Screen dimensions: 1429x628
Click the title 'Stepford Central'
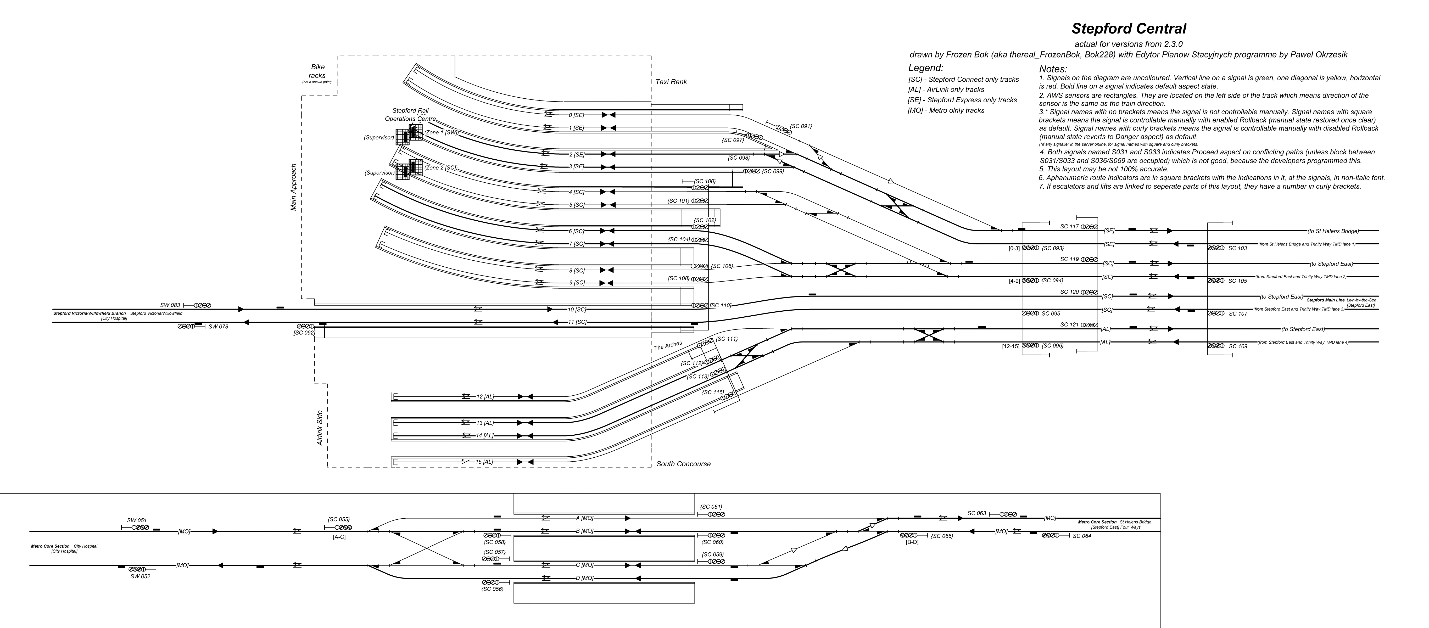pos(1128,29)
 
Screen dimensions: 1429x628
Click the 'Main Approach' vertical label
pos(293,187)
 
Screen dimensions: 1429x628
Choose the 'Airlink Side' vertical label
pos(320,428)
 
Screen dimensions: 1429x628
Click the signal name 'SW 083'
pos(170,305)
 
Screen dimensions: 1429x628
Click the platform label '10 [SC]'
pos(577,310)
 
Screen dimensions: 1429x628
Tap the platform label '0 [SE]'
pos(576,115)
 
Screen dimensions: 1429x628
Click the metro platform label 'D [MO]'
pos(585,578)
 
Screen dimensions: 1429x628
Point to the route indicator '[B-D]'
pos(911,542)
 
